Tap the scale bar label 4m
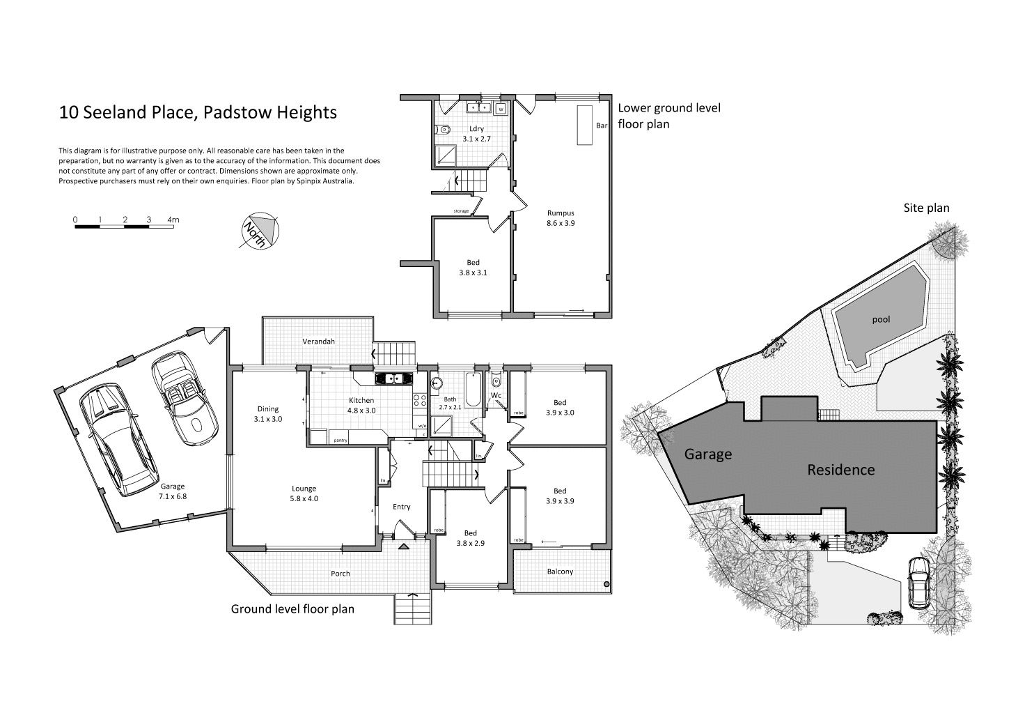pyautogui.click(x=173, y=220)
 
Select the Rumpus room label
pyautogui.click(x=561, y=213)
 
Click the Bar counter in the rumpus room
pyautogui.click(x=584, y=125)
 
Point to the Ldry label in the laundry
pyautogui.click(x=476, y=129)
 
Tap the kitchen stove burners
pyautogui.click(x=419, y=400)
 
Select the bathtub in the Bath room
pyautogui.click(x=473, y=389)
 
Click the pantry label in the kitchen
pyautogui.click(x=340, y=440)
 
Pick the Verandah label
pyautogui.click(x=318, y=341)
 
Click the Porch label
pyautogui.click(x=340, y=574)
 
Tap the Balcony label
pyautogui.click(x=560, y=572)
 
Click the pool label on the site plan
pyautogui.click(x=881, y=320)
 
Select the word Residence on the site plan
pyautogui.click(x=840, y=469)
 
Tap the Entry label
pyautogui.click(x=401, y=507)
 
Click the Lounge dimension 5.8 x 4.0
pyautogui.click(x=304, y=498)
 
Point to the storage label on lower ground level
pyautogui.click(x=461, y=211)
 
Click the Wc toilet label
pyautogui.click(x=496, y=395)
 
